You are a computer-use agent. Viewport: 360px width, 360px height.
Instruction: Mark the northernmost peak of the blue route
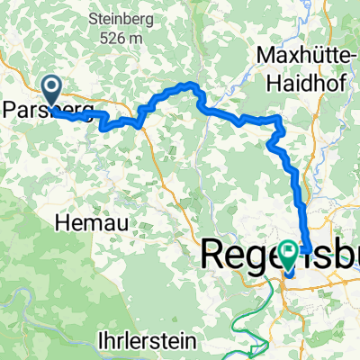(190, 85)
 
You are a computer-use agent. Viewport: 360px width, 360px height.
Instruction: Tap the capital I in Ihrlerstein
(100, 342)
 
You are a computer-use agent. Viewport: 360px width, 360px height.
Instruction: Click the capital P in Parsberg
(9, 109)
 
